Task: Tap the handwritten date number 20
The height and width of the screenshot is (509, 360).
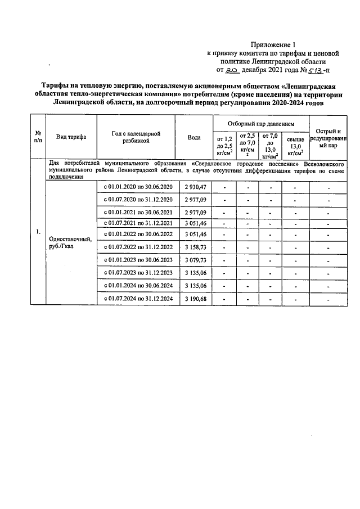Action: point(231,71)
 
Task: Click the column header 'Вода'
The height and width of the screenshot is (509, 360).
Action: point(193,137)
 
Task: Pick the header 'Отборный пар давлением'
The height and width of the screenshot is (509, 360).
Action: point(259,123)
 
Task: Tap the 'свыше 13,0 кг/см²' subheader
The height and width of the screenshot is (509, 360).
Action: point(295,145)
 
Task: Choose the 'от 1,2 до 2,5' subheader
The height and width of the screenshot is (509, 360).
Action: point(224,145)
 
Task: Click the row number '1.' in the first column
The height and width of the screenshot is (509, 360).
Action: point(38,232)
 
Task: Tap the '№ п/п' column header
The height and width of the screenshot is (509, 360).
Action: point(38,137)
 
